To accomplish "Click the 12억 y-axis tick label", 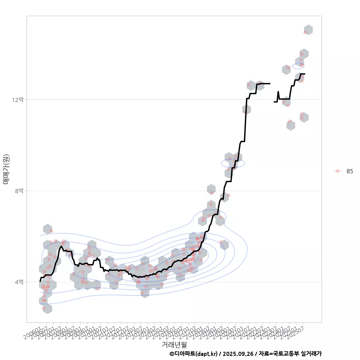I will (x=18, y=100).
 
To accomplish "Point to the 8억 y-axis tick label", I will (x=19, y=191).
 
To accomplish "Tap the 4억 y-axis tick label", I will (x=19, y=282).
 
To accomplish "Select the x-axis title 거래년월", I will (x=174, y=344).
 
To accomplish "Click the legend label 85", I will (x=349, y=171).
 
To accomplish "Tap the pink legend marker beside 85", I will (x=337, y=171).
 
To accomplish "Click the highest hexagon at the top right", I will (x=308, y=30).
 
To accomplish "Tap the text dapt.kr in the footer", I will (x=207, y=354).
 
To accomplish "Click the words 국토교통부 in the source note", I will (x=284, y=354).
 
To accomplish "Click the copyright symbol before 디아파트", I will (x=172, y=354).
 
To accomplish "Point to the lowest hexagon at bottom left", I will (x=47, y=309).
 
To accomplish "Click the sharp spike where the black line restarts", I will (x=278, y=92).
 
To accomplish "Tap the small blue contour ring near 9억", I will (x=233, y=163).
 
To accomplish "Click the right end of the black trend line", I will (x=304, y=74).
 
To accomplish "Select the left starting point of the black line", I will (x=40, y=281).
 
